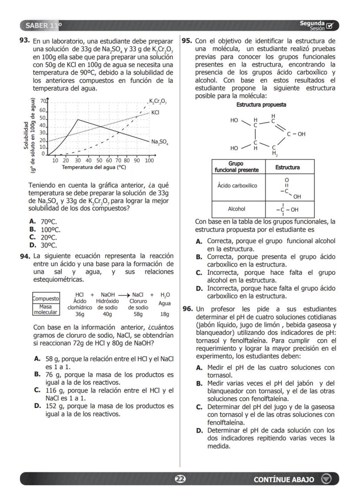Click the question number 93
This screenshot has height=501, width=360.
click(x=24, y=40)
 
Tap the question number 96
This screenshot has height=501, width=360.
click(x=187, y=308)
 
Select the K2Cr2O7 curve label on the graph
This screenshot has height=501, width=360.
click(x=158, y=102)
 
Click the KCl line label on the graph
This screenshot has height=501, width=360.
click(x=155, y=112)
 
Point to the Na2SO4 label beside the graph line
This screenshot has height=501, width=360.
click(x=160, y=142)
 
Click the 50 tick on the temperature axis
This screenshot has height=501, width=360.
click(x=100, y=160)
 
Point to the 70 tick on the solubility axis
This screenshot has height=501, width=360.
click(x=43, y=101)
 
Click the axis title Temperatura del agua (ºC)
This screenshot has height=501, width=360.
click(x=93, y=167)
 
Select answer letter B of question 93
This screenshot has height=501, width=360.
click(x=32, y=229)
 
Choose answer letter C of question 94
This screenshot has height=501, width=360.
click(x=37, y=391)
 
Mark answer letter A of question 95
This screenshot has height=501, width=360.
click(x=199, y=241)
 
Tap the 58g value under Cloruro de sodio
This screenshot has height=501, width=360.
click(x=138, y=314)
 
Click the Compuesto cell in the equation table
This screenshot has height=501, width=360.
click(x=46, y=299)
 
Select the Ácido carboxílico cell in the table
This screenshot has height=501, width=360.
click(x=237, y=186)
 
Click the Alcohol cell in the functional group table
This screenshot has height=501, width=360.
click(x=237, y=209)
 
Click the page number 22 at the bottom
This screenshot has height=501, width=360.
click(x=180, y=479)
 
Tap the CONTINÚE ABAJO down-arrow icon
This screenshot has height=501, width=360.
click(x=326, y=479)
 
